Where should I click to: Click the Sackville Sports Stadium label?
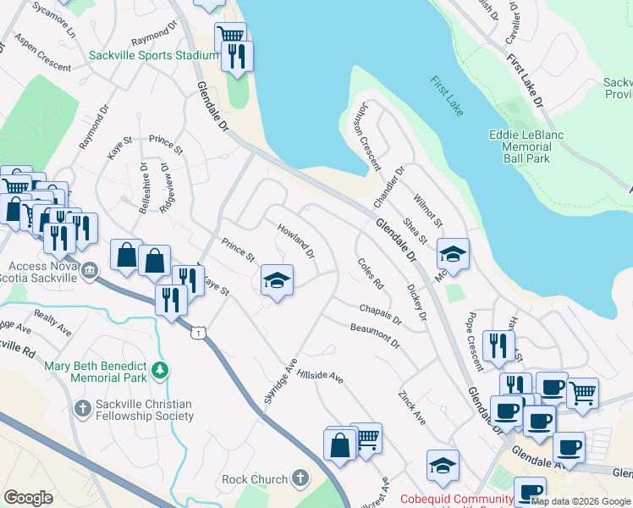tap(153, 56)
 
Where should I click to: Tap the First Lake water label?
tap(447, 97)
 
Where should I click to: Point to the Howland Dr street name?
tap(296, 241)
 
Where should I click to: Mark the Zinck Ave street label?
tap(412, 407)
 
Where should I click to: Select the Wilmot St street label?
tap(428, 210)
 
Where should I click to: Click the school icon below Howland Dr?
tap(277, 279)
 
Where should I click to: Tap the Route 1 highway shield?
tap(197, 334)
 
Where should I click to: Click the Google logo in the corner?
tap(29, 498)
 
